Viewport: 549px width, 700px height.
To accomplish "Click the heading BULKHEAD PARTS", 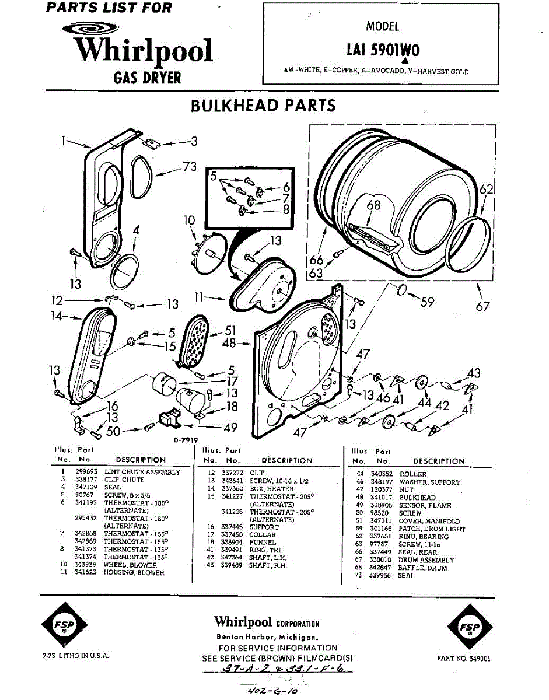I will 263,106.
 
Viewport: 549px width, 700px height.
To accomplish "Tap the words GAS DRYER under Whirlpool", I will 147,78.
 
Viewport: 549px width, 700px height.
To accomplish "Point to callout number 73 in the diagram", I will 189,167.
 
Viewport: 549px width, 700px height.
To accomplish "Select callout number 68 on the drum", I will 373,205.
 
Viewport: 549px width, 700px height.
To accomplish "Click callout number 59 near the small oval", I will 428,302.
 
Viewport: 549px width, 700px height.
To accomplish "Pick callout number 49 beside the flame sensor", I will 231,428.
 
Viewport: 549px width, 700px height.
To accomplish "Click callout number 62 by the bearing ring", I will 487,189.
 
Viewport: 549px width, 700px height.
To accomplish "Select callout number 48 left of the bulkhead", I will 229,344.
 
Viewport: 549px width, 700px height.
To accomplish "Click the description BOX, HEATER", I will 271,488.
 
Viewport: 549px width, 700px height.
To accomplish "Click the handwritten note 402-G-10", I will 273,691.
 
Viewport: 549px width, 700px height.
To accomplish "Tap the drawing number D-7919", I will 186,440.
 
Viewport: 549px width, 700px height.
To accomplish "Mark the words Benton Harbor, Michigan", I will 267,636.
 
